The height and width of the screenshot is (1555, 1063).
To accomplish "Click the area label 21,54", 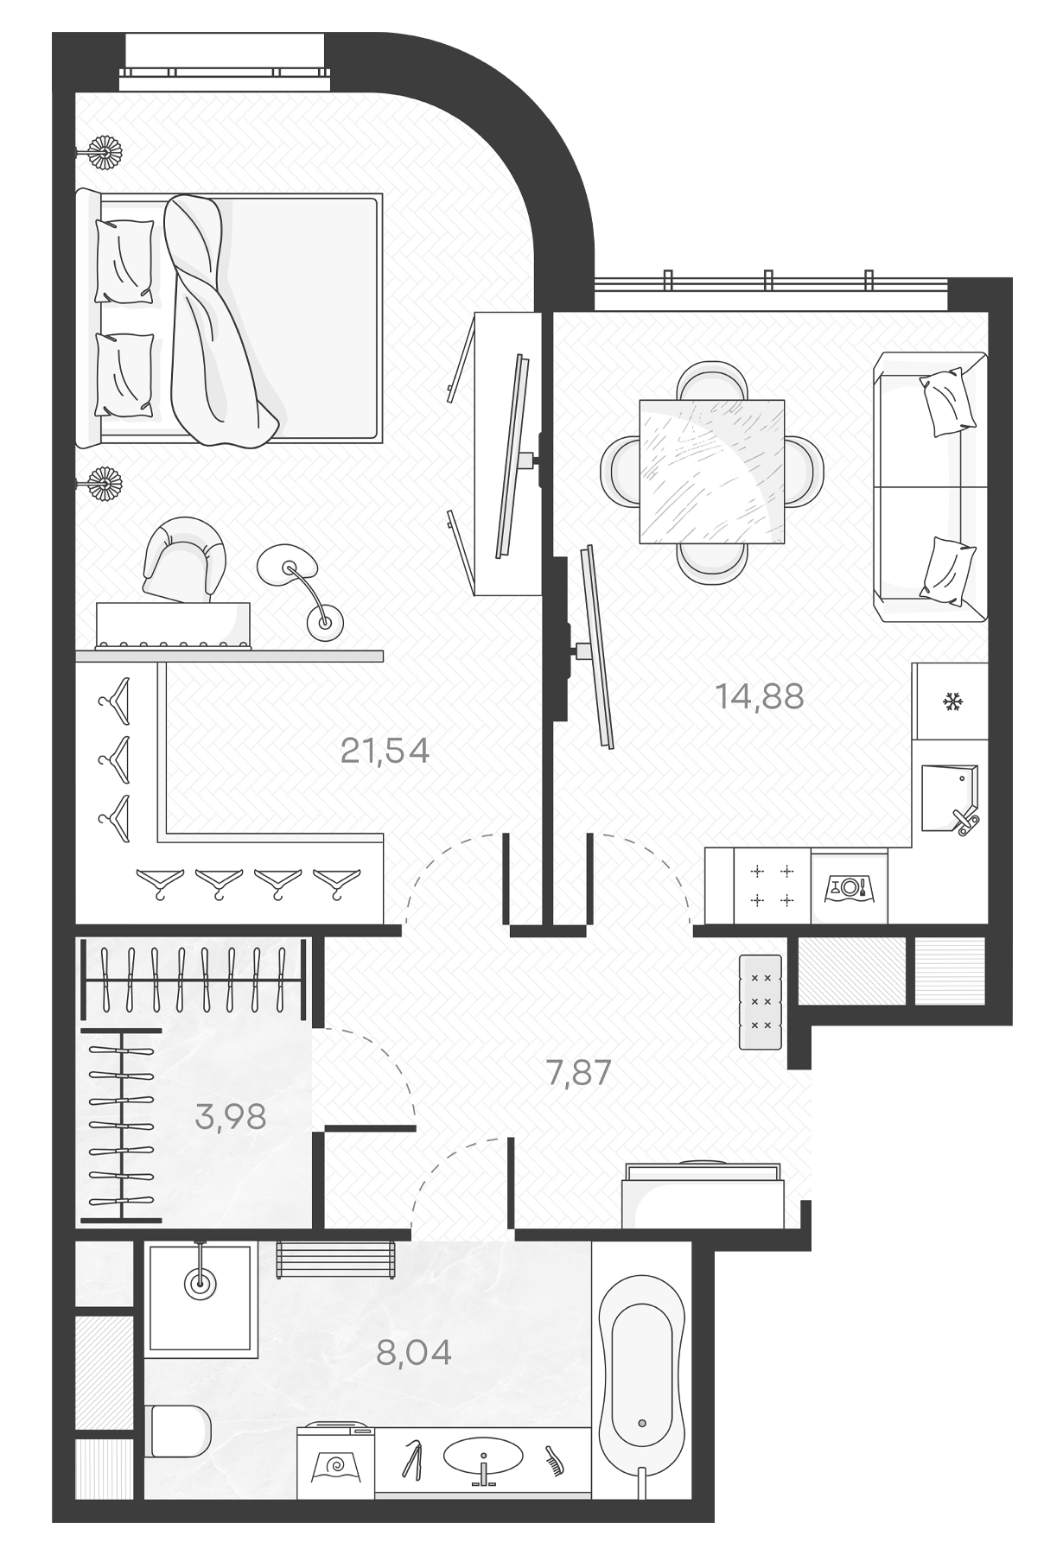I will tap(385, 751).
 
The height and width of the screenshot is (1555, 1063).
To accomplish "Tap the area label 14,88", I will tap(760, 695).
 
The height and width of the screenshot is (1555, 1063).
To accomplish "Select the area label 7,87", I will tap(579, 1073).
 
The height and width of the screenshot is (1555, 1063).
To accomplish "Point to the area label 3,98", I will tap(231, 1117).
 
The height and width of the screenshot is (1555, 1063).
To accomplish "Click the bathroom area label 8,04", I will tap(414, 1352).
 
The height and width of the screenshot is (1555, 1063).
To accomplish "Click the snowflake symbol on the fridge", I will tap(952, 702).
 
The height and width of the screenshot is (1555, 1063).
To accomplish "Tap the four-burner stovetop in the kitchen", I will tap(772, 886).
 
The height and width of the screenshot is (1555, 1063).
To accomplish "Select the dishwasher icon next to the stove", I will tap(849, 887).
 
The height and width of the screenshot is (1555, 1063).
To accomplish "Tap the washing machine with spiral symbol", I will tap(336, 1463).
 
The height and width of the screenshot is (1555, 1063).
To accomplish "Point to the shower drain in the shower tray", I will tap(201, 1284).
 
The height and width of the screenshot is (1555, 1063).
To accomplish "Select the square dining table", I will tap(711, 472).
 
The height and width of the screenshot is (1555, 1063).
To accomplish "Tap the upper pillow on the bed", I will tap(124, 261).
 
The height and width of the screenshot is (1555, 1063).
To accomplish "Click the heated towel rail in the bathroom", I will tap(336, 1260).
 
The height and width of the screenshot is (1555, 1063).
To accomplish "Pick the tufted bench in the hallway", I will tap(761, 1001).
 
